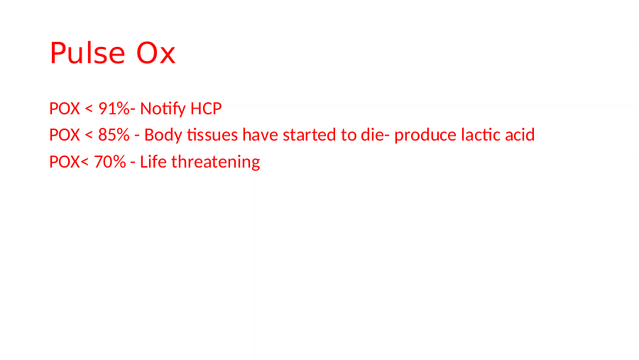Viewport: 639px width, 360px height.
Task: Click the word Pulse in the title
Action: (87, 53)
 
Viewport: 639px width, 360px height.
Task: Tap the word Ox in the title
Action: (155, 53)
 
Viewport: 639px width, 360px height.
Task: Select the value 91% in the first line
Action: (114, 109)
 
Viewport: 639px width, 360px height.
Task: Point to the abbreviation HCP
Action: (206, 109)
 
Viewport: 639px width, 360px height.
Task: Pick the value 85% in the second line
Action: (114, 135)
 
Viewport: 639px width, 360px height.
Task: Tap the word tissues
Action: (212, 135)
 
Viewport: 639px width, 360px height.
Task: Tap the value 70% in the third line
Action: (110, 162)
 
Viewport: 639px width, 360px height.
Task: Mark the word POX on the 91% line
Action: (65, 109)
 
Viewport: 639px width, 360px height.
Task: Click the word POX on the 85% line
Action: (65, 135)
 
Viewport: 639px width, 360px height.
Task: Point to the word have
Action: (260, 135)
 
